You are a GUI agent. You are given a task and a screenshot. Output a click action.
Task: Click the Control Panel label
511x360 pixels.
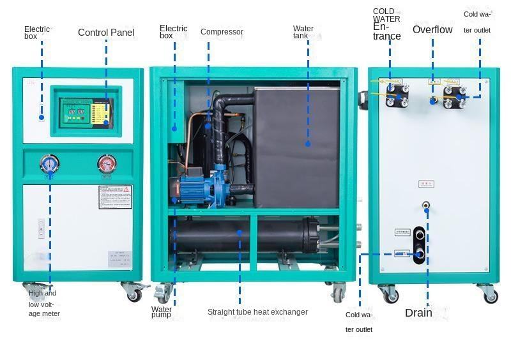[106, 33]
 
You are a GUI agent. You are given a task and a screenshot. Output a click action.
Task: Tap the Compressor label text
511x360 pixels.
[222, 32]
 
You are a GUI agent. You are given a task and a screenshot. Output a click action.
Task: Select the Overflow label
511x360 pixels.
[432, 29]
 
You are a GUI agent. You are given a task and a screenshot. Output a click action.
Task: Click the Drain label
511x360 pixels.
[418, 313]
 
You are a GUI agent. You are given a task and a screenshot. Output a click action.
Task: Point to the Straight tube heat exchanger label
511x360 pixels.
[257, 312]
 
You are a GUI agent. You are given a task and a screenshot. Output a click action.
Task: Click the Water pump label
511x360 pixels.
[161, 312]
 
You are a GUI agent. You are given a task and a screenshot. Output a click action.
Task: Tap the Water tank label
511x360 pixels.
[303, 32]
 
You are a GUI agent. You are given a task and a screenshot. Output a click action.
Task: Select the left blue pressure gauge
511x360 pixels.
[49, 165]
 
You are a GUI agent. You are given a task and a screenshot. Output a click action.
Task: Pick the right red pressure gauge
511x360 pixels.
[107, 165]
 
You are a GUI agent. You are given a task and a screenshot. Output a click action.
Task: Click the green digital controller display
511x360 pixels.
[77, 112]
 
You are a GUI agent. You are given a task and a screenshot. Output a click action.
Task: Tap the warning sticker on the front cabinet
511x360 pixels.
[115, 197]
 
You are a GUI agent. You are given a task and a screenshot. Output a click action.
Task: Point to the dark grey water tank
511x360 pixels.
[297, 147]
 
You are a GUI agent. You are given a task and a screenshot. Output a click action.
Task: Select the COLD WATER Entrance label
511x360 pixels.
[386, 24]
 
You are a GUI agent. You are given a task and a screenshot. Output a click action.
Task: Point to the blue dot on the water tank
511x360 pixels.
[307, 144]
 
